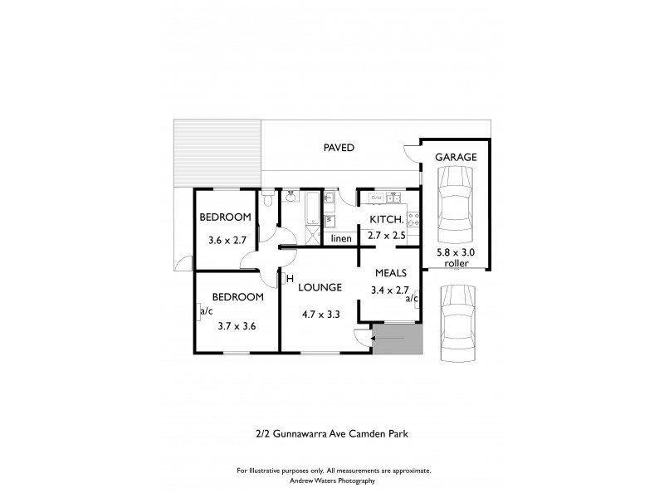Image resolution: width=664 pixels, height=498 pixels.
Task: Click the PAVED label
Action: (339, 148)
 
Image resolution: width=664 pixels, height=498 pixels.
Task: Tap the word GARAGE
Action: (457, 156)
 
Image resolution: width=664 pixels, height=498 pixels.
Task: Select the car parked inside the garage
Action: (455, 202)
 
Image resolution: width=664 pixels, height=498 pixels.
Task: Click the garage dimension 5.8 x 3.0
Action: (455, 251)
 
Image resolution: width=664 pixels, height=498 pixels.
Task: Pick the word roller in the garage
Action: (456, 263)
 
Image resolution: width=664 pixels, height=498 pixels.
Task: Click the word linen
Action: (341, 239)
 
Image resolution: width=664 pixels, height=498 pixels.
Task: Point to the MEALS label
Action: (389, 272)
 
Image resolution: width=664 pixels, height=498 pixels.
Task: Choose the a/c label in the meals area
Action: (411, 299)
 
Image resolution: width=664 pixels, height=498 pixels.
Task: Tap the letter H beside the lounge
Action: (290, 279)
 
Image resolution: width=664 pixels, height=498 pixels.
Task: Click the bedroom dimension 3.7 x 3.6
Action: (237, 325)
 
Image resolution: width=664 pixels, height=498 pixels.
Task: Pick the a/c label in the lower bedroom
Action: (206, 312)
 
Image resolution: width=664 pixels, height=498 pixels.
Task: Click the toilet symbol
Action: (267, 200)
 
